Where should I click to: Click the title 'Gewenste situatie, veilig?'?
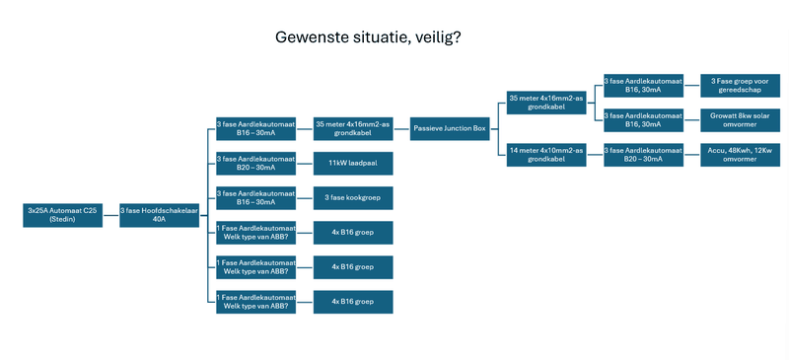pyautogui.click(x=368, y=37)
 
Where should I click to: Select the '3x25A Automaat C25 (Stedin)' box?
pyautogui.click(x=63, y=215)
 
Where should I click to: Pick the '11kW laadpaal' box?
pyautogui.click(x=353, y=163)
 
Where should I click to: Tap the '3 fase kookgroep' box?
pyautogui.click(x=353, y=197)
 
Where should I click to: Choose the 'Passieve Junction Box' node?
pyautogui.click(x=450, y=128)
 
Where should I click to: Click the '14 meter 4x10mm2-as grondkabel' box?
pyautogui.click(x=546, y=154)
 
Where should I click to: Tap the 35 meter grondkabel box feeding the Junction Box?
pyautogui.click(x=353, y=128)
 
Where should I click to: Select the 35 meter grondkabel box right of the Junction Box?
pyautogui.click(x=546, y=102)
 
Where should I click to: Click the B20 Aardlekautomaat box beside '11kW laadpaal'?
pyautogui.click(x=256, y=163)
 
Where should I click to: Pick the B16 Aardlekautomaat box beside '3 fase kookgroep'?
pyautogui.click(x=256, y=197)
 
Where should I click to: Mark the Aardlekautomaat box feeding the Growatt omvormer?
pyautogui.click(x=643, y=119)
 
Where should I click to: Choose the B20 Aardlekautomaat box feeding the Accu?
pyautogui.click(x=643, y=154)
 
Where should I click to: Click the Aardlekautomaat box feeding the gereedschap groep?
pyautogui.click(x=643, y=85)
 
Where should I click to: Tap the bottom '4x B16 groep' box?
pyautogui.click(x=353, y=302)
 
